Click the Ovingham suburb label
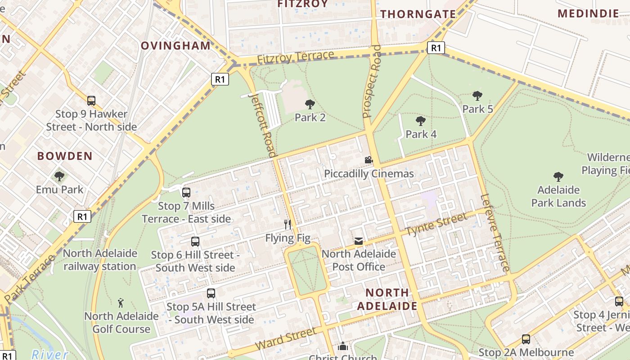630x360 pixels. click(x=175, y=45)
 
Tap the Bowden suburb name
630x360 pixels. click(x=65, y=156)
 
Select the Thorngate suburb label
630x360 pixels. click(x=418, y=14)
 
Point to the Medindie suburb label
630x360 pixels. click(x=588, y=13)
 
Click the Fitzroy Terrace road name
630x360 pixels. click(x=296, y=57)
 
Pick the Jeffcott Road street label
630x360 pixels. click(x=263, y=124)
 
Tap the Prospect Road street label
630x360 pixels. click(x=372, y=81)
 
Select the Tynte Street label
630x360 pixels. click(x=436, y=225)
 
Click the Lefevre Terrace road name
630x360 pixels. click(x=495, y=233)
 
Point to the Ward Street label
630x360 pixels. click(x=286, y=339)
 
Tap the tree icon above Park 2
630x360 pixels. click(x=310, y=104)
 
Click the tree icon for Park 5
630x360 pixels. click(x=477, y=95)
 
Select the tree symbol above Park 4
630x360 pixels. click(x=421, y=121)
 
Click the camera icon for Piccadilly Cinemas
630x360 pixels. click(x=369, y=160)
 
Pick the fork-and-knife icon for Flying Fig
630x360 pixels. click(x=288, y=224)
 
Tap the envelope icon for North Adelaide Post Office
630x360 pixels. click(x=358, y=241)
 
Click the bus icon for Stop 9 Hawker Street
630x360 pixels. click(x=91, y=100)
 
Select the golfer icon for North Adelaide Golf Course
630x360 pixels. click(x=121, y=302)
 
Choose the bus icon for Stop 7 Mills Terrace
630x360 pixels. click(x=186, y=193)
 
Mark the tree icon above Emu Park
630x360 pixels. click(x=59, y=176)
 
